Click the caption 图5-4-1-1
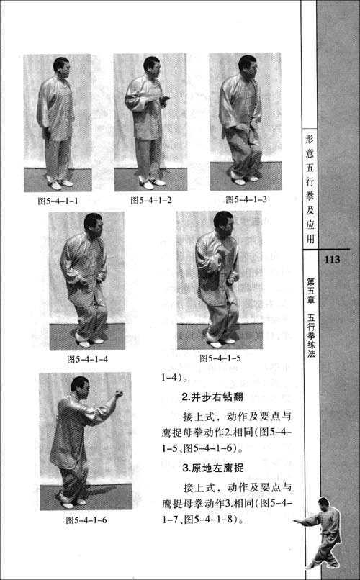58,201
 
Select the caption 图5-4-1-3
246,199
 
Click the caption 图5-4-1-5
220,358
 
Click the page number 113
337,259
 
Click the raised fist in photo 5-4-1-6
119,394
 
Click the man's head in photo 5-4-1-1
61,66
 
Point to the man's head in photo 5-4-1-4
92,224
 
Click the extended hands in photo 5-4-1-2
162,99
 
